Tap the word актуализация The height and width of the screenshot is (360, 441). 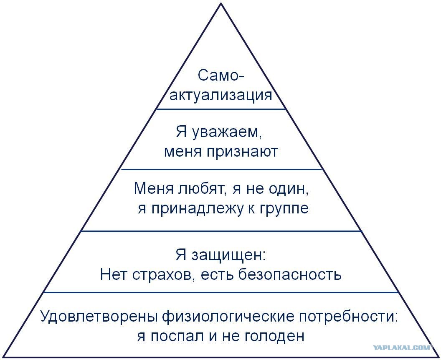click(221, 95)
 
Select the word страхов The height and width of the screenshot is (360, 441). click(164, 275)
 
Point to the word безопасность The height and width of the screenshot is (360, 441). click(290, 274)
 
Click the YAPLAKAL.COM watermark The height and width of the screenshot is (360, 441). click(402, 347)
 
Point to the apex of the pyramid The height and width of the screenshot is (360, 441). click(221, 3)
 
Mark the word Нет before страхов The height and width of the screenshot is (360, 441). click(113, 274)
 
